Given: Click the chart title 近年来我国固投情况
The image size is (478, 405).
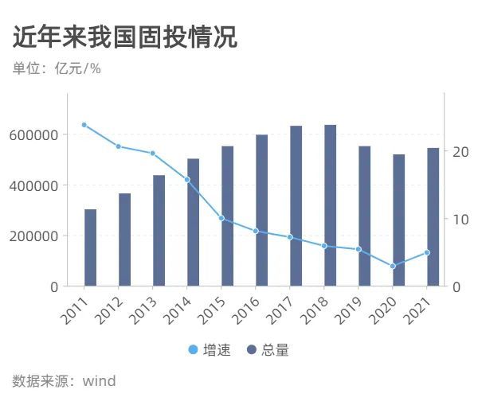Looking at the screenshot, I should (125, 37).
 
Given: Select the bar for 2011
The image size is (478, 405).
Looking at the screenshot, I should (90, 247).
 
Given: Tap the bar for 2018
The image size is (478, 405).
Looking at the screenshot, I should (330, 205).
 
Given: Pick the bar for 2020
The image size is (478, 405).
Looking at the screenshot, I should (398, 220).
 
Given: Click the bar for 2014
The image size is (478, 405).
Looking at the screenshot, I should (193, 222).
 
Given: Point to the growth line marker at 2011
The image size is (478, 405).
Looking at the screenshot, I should (84, 125).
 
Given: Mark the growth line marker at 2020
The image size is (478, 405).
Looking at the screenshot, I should (393, 266).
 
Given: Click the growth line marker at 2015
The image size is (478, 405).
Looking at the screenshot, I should (221, 218).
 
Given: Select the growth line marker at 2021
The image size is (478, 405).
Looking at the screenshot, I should (427, 252).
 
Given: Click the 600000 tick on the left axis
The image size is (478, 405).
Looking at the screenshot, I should (34, 135).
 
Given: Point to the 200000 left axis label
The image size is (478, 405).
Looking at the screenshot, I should (34, 236).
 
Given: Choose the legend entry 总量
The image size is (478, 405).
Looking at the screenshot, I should (268, 350).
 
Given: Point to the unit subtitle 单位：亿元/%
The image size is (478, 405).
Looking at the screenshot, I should (57, 68).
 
